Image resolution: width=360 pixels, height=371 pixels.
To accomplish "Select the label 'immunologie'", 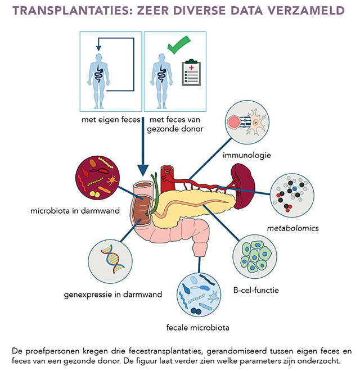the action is [x=246, y=155].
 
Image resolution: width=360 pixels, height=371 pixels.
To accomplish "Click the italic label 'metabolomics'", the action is [x=292, y=228].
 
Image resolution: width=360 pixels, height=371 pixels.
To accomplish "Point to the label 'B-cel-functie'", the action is [x=256, y=290].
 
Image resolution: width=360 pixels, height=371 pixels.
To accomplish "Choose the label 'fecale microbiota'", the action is [x=198, y=328].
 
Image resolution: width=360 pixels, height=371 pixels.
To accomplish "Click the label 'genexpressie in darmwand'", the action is [x=113, y=295].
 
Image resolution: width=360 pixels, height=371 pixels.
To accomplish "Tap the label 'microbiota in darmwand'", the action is [x=75, y=211].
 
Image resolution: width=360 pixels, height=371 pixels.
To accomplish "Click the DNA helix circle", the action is [x=110, y=261].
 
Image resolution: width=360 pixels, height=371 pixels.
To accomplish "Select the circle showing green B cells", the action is [x=255, y=256].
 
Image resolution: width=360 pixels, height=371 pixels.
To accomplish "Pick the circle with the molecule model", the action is [x=292, y=195].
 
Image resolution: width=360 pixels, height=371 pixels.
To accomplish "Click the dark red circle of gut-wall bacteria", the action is [x=97, y=178].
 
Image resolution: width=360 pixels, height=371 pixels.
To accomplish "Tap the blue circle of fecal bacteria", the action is [x=199, y=295].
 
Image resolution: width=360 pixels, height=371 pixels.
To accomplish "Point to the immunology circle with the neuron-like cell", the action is [x=247, y=122].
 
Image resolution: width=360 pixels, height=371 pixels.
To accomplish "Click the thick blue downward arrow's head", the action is [x=143, y=170].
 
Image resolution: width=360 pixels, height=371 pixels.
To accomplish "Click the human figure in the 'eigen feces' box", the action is [x=98, y=81].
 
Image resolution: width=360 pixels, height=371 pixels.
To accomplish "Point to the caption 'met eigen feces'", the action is [x=111, y=120].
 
